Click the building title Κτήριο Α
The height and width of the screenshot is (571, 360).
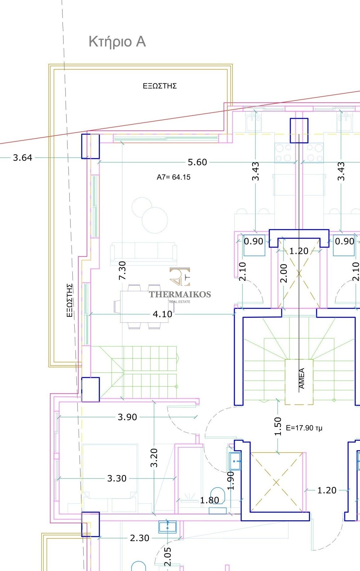pyautogui.click(x=117, y=42)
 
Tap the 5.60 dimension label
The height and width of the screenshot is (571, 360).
pyautogui.click(x=197, y=162)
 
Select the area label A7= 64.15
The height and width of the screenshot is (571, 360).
pyautogui.click(x=174, y=177)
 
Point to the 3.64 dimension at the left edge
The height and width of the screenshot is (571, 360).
pyautogui.click(x=23, y=158)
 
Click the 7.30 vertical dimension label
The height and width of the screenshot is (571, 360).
pyautogui.click(x=122, y=271)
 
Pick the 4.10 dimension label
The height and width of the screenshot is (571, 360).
pyautogui.click(x=163, y=314)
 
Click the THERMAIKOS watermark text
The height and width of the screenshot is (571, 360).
pyautogui.click(x=180, y=294)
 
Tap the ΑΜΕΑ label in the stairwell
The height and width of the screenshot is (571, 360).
pyautogui.click(x=302, y=378)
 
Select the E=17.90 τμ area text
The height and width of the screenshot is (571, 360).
pyautogui.click(x=304, y=428)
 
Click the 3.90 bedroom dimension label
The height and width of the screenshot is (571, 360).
pyautogui.click(x=127, y=417)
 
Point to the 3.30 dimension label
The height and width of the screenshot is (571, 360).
pyautogui.click(x=117, y=478)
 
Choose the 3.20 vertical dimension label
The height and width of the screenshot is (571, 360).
pyautogui.click(x=154, y=458)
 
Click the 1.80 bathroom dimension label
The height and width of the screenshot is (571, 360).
pyautogui.click(x=210, y=500)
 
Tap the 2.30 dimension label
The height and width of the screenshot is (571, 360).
pyautogui.click(x=140, y=538)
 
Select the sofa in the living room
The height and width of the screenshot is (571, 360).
pyautogui.click(x=144, y=253)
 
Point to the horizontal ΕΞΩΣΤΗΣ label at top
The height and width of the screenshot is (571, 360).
pyautogui.click(x=160, y=86)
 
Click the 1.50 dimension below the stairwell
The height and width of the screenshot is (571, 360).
pyautogui.click(x=278, y=426)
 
